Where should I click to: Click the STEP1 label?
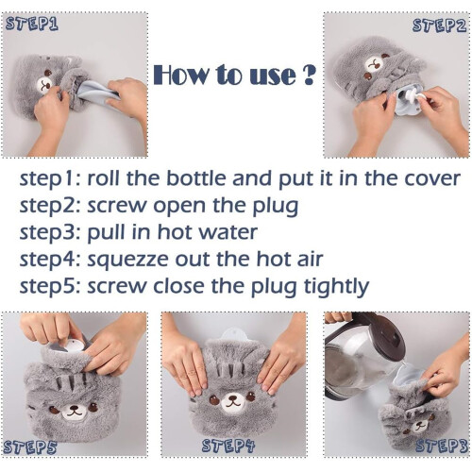pyautogui.click(x=32, y=24)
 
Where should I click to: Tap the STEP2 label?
pyautogui.click(x=439, y=25)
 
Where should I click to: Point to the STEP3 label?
pyautogui.click(x=442, y=446)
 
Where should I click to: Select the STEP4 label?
pyautogui.click(x=228, y=446)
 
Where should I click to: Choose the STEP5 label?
pyautogui.click(x=30, y=447)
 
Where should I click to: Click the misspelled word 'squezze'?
pyautogui.click(x=127, y=260)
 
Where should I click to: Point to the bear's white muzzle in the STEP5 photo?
pyautogui.click(x=74, y=412)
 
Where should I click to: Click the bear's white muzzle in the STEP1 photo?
pyautogui.click(x=44, y=84)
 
